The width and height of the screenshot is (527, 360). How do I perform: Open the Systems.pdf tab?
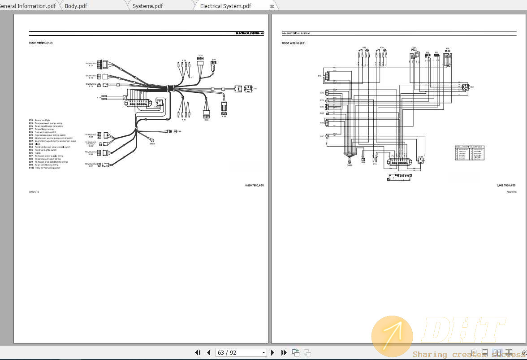147,6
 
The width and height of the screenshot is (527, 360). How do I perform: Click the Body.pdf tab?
76,6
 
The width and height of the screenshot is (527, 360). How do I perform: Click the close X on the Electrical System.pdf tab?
272,6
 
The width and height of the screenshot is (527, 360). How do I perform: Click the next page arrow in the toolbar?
272,353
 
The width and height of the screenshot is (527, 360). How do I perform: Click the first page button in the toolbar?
198,353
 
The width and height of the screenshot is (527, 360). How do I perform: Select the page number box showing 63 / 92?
241,353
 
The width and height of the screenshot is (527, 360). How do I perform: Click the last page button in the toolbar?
284,353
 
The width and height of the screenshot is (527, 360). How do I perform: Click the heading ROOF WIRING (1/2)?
40,43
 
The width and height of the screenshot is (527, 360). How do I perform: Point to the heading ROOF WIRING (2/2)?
293,43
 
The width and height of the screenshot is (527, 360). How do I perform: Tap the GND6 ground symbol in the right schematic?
350,161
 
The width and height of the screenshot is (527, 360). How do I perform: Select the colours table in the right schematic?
469,153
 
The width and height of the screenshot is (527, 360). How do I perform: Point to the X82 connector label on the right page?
472,87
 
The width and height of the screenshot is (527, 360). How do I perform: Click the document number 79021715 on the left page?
34,191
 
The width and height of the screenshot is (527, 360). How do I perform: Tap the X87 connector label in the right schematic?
322,136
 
